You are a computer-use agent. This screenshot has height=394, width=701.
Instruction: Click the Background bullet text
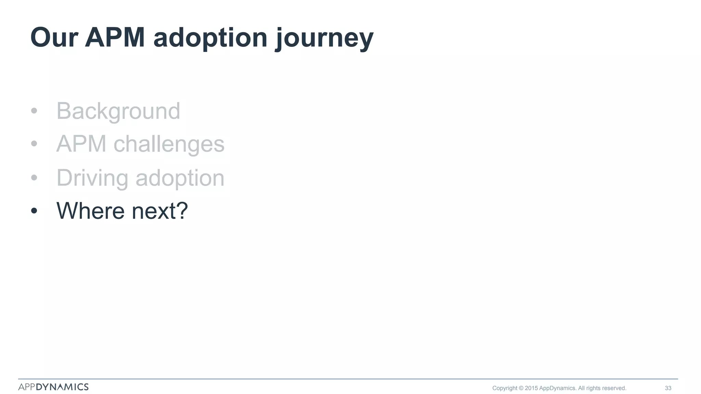click(118, 111)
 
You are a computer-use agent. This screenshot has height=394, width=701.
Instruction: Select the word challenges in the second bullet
click(169, 144)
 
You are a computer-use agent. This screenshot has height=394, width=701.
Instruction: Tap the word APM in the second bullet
click(81, 144)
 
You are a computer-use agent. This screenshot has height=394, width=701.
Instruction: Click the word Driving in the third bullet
click(92, 178)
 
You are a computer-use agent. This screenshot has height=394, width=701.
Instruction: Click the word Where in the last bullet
click(90, 211)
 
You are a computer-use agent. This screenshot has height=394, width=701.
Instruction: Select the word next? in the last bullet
click(160, 211)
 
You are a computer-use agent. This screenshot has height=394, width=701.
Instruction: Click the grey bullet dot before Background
click(34, 111)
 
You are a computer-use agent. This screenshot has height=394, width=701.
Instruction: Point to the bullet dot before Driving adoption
click(34, 178)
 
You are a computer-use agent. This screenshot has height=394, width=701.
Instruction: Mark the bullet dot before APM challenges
click(34, 144)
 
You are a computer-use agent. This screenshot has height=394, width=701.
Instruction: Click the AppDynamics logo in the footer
click(53, 387)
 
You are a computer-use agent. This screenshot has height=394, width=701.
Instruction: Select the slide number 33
click(668, 388)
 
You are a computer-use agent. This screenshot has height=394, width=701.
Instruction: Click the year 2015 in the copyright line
click(531, 388)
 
